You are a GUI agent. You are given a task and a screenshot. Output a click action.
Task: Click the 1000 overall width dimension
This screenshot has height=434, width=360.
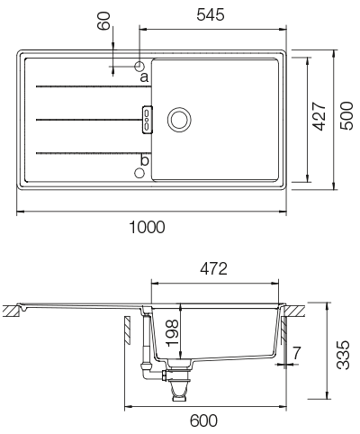click(147, 228)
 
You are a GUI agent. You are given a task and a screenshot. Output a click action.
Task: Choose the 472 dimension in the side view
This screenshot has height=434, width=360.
click(213, 268)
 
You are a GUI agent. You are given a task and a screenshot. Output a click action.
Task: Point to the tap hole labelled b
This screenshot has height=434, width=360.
click(139, 171)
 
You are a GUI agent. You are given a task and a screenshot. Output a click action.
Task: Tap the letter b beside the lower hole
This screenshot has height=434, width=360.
click(144, 160)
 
